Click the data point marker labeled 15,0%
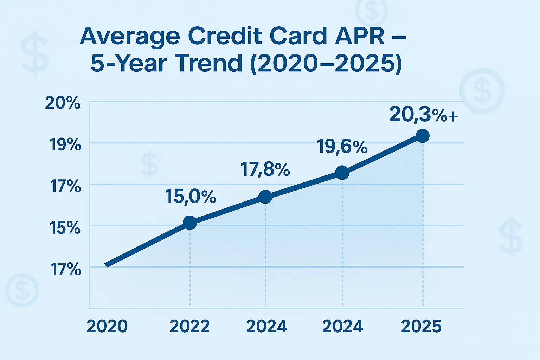tap(190, 223)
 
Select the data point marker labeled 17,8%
tap(265, 197)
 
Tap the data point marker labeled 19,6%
tap(342, 173)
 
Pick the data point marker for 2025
tap(423, 136)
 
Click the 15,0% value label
tap(190, 197)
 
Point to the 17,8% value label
tap(265, 169)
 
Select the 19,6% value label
tap(342, 146)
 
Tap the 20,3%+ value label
tap(423, 115)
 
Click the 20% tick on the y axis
tap(63, 103)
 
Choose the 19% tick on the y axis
tap(65, 144)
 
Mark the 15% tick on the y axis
tap(65, 228)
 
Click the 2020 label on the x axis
tap(107, 326)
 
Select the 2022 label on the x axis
tap(189, 326)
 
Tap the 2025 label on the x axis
tap(421, 326)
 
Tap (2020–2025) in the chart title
tap(325, 64)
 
